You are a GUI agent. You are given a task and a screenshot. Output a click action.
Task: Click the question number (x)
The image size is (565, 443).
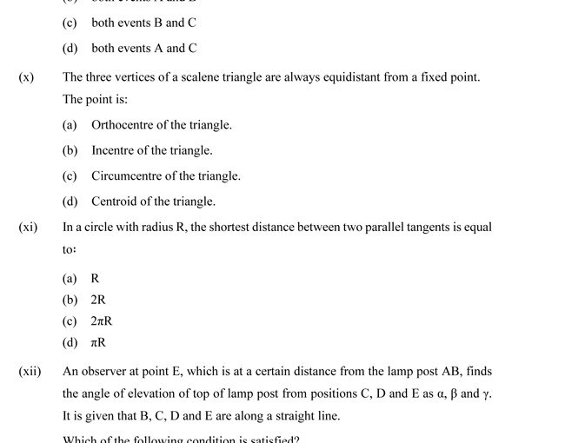[x=26, y=77]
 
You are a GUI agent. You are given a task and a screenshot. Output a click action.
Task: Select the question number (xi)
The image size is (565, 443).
[x=28, y=228]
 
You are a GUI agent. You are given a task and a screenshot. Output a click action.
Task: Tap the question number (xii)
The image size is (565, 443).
[x=30, y=372]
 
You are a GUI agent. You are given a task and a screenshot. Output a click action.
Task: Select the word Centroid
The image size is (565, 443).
[x=114, y=202]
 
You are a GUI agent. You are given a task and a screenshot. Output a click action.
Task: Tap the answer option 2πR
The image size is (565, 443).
[x=102, y=321]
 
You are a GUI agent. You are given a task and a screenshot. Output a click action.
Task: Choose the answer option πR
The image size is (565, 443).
[x=98, y=343]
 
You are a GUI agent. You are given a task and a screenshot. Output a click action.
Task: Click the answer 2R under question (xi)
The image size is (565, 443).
[x=98, y=300]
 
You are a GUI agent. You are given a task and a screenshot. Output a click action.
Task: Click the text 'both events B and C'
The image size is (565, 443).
[x=143, y=23]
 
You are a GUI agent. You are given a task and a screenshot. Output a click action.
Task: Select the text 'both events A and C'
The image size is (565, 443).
[x=143, y=49]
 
